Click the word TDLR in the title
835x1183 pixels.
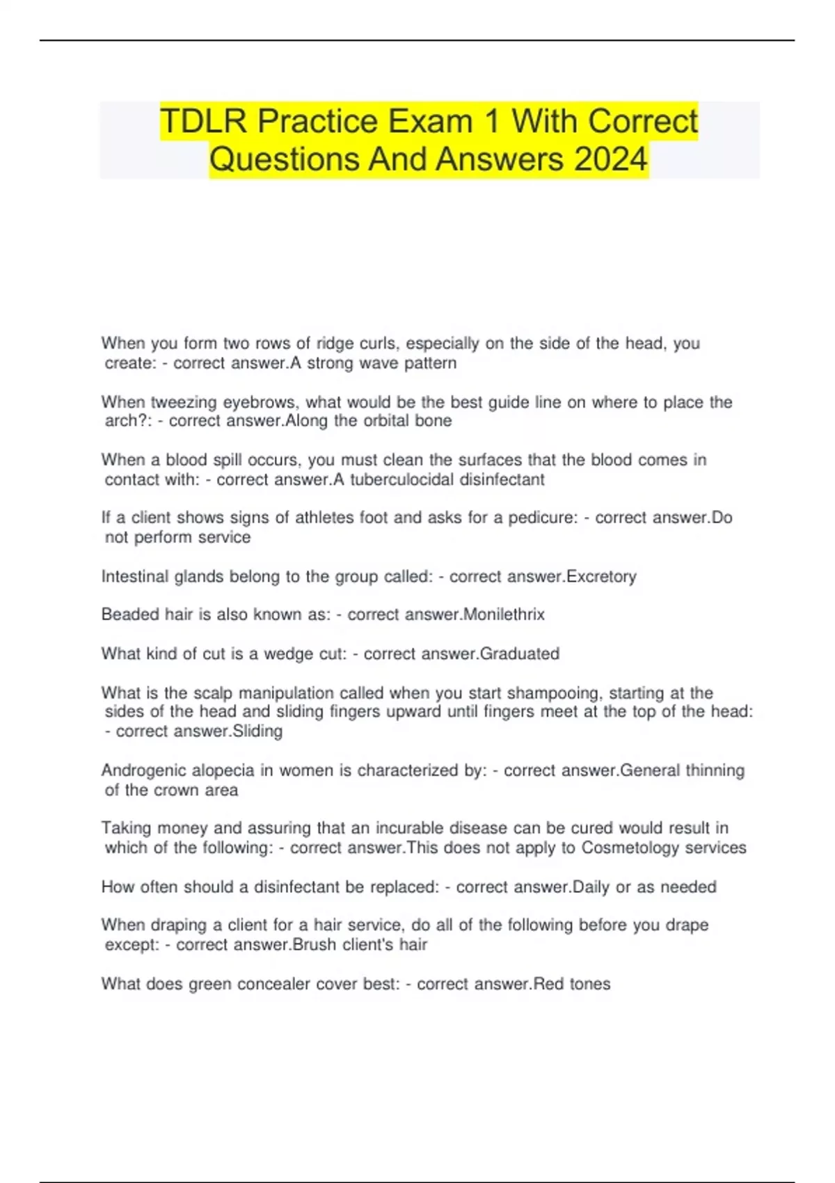(x=203, y=122)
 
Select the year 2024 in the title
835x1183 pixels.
(x=610, y=159)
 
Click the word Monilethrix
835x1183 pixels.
(x=504, y=614)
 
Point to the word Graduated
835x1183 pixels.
(x=520, y=653)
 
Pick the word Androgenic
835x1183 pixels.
(x=143, y=770)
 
